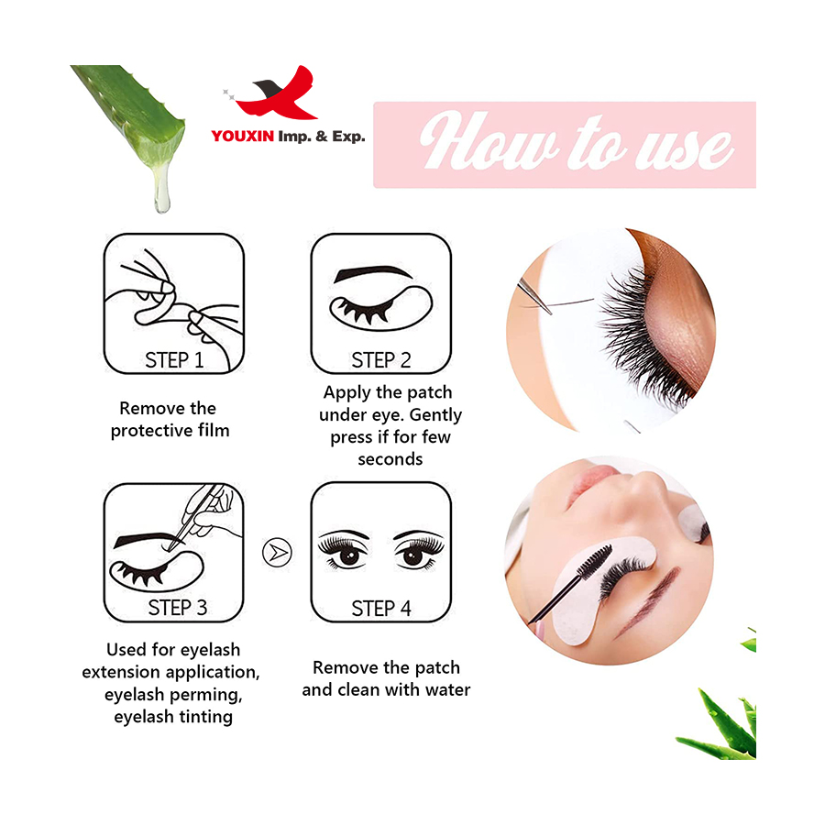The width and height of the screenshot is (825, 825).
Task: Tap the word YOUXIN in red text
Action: [x=243, y=137]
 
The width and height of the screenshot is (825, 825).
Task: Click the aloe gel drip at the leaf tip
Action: [x=161, y=190]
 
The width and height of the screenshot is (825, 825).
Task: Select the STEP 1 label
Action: [x=174, y=360]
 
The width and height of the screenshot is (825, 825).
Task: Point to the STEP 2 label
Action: [x=381, y=360]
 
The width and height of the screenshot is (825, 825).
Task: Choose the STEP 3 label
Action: [x=177, y=609]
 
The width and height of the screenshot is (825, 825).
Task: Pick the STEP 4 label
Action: [x=381, y=609]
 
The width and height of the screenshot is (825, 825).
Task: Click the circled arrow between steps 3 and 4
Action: [x=277, y=553]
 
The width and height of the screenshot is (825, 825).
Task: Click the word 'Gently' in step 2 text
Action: [x=435, y=415]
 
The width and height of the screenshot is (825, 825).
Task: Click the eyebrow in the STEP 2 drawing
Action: [x=373, y=273]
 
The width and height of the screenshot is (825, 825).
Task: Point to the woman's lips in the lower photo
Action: [x=598, y=478]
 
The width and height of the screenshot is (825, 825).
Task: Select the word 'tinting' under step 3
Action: [x=203, y=718]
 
